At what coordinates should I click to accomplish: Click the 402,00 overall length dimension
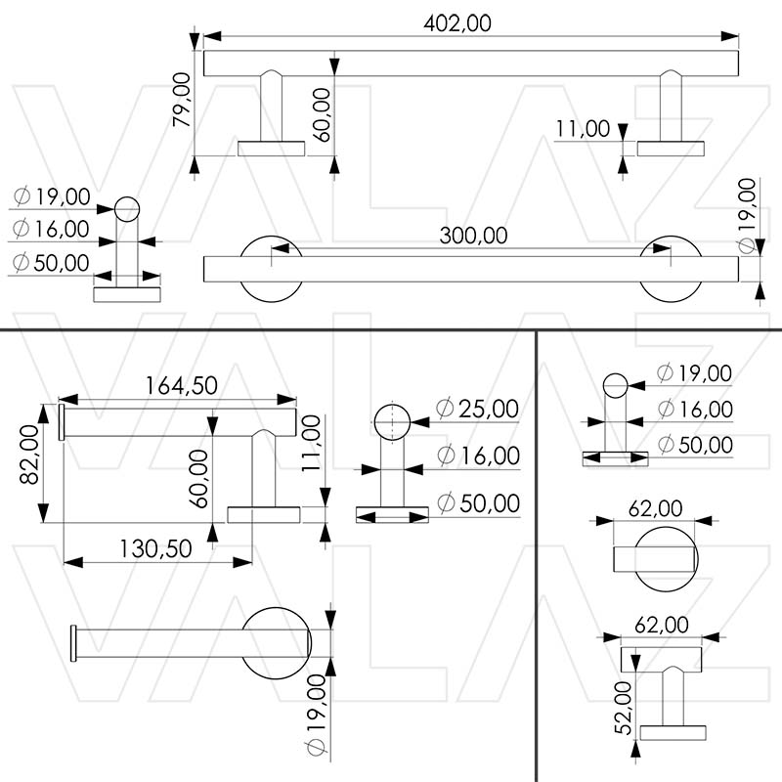[458, 22]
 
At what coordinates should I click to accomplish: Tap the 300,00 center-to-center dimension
[473, 236]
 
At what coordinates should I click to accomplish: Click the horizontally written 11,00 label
[583, 128]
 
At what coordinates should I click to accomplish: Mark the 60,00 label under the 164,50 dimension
[198, 477]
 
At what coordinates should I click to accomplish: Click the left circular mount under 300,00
[271, 268]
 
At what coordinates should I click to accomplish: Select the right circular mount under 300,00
[670, 268]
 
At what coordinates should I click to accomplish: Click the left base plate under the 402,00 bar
[271, 149]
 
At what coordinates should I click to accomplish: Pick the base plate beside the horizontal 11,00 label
[671, 149]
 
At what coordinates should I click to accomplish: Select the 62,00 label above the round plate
[655, 508]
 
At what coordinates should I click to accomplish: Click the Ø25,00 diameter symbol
[445, 410]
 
